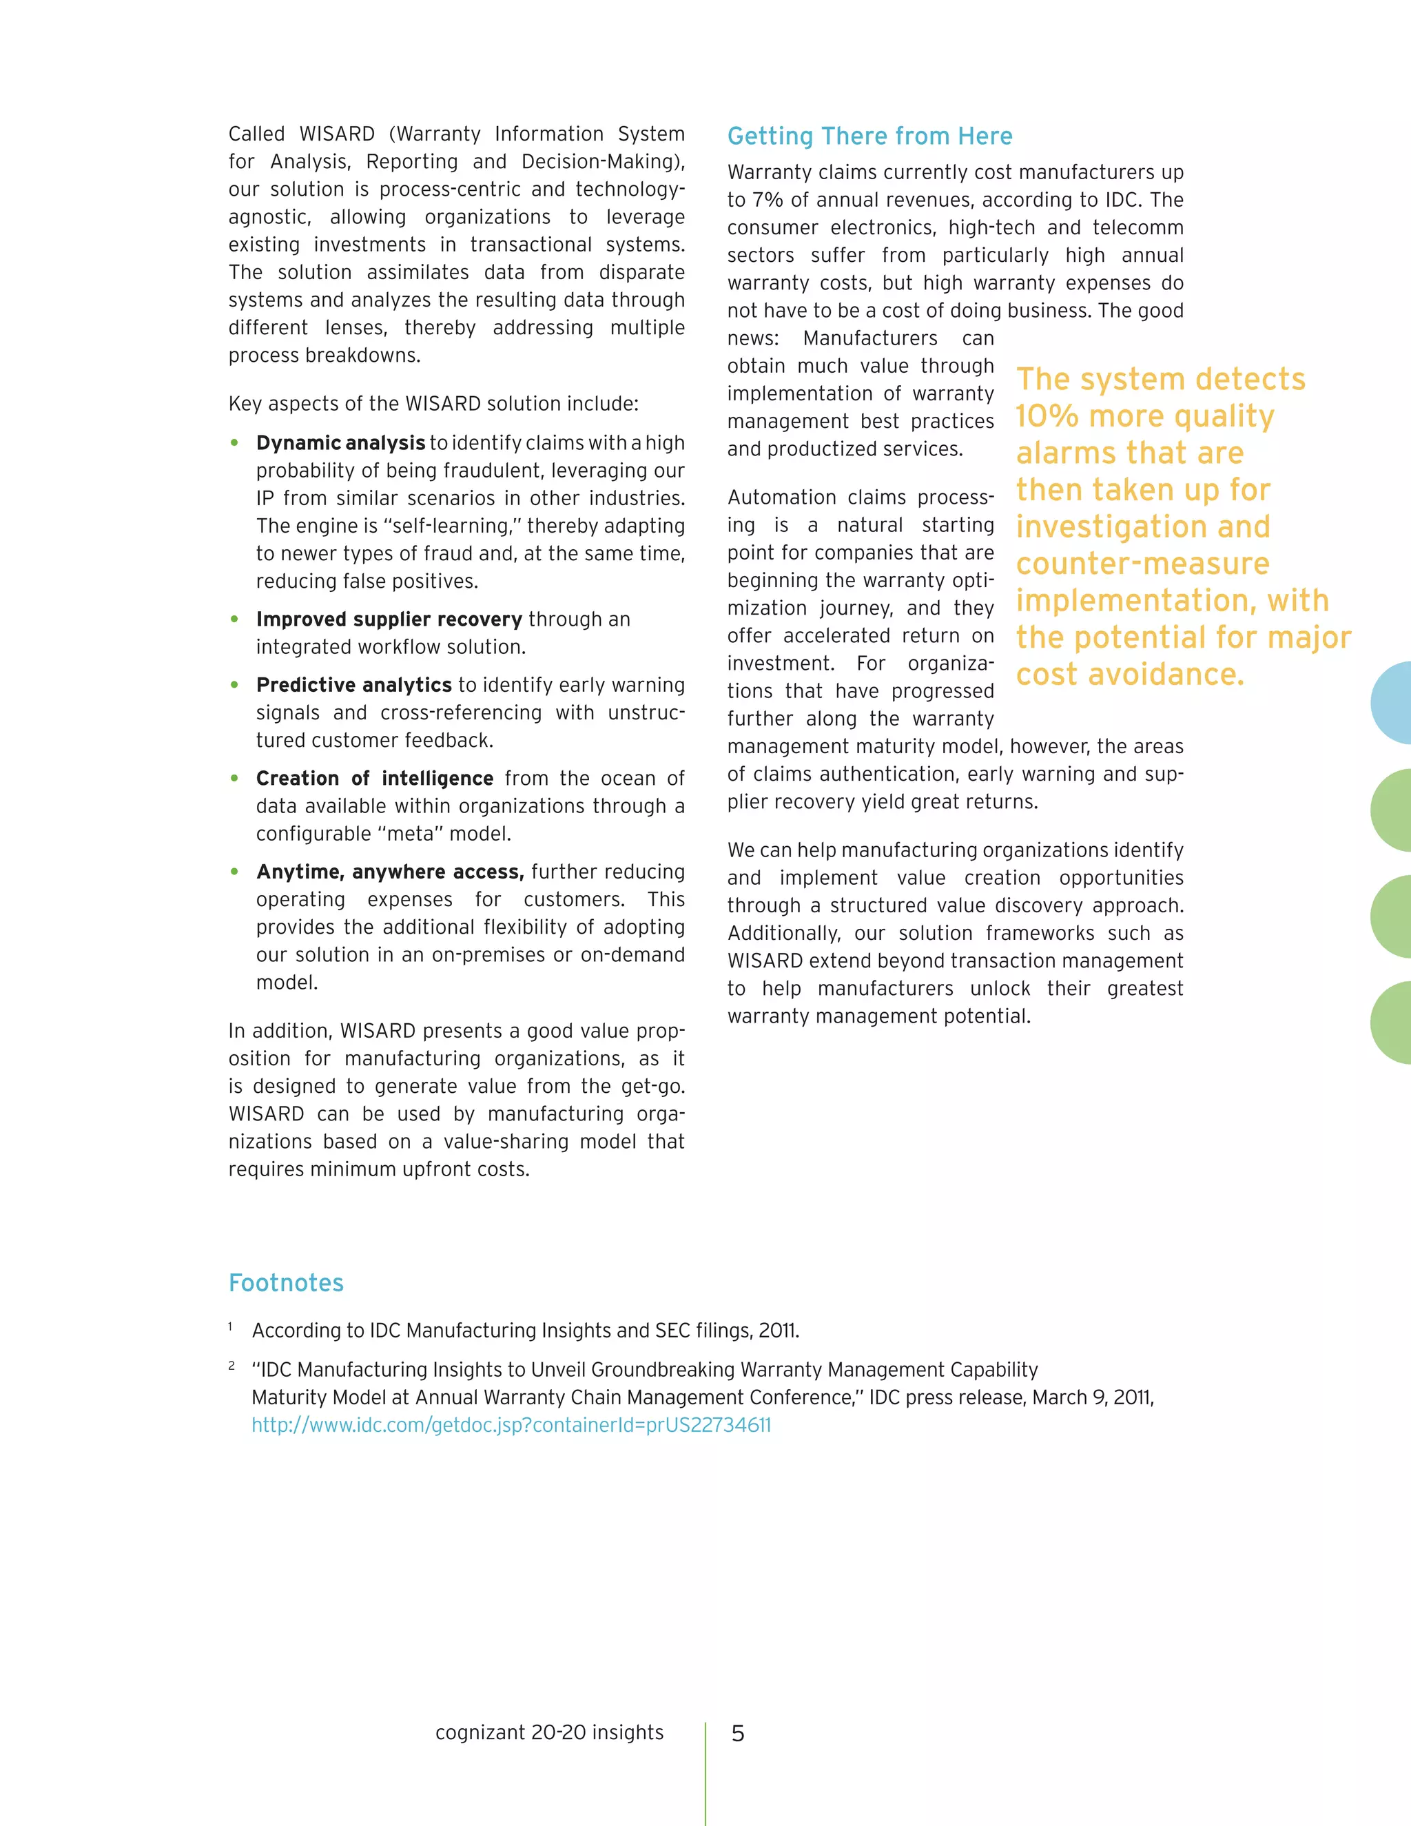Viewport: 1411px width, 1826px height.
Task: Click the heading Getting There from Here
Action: click(x=869, y=136)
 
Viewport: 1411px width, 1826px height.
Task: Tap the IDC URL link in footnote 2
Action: click(x=511, y=1425)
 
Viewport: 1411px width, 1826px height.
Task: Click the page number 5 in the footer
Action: click(x=737, y=1733)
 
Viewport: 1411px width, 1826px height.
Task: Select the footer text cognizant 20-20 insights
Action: click(x=549, y=1732)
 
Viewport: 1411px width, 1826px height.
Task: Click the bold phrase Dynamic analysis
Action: click(x=340, y=443)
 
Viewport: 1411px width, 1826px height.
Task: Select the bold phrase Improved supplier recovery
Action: click(x=389, y=619)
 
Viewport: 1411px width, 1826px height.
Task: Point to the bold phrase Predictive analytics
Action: click(x=353, y=685)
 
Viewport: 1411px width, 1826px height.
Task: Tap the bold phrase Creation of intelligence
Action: click(x=375, y=779)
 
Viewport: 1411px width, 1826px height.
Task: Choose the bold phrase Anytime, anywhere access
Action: click(x=389, y=872)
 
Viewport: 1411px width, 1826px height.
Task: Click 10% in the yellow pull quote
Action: click(x=1047, y=416)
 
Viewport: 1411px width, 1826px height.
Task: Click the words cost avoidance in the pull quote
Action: click(x=1129, y=674)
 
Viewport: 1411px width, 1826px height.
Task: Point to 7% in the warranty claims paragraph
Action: click(x=765, y=200)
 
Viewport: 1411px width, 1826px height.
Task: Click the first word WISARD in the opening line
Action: click(x=337, y=134)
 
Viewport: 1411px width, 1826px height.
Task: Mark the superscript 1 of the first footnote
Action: click(x=230, y=1326)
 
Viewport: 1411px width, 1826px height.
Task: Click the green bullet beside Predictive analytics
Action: click(x=235, y=686)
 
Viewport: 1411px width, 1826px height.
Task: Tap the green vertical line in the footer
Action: click(x=705, y=1772)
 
